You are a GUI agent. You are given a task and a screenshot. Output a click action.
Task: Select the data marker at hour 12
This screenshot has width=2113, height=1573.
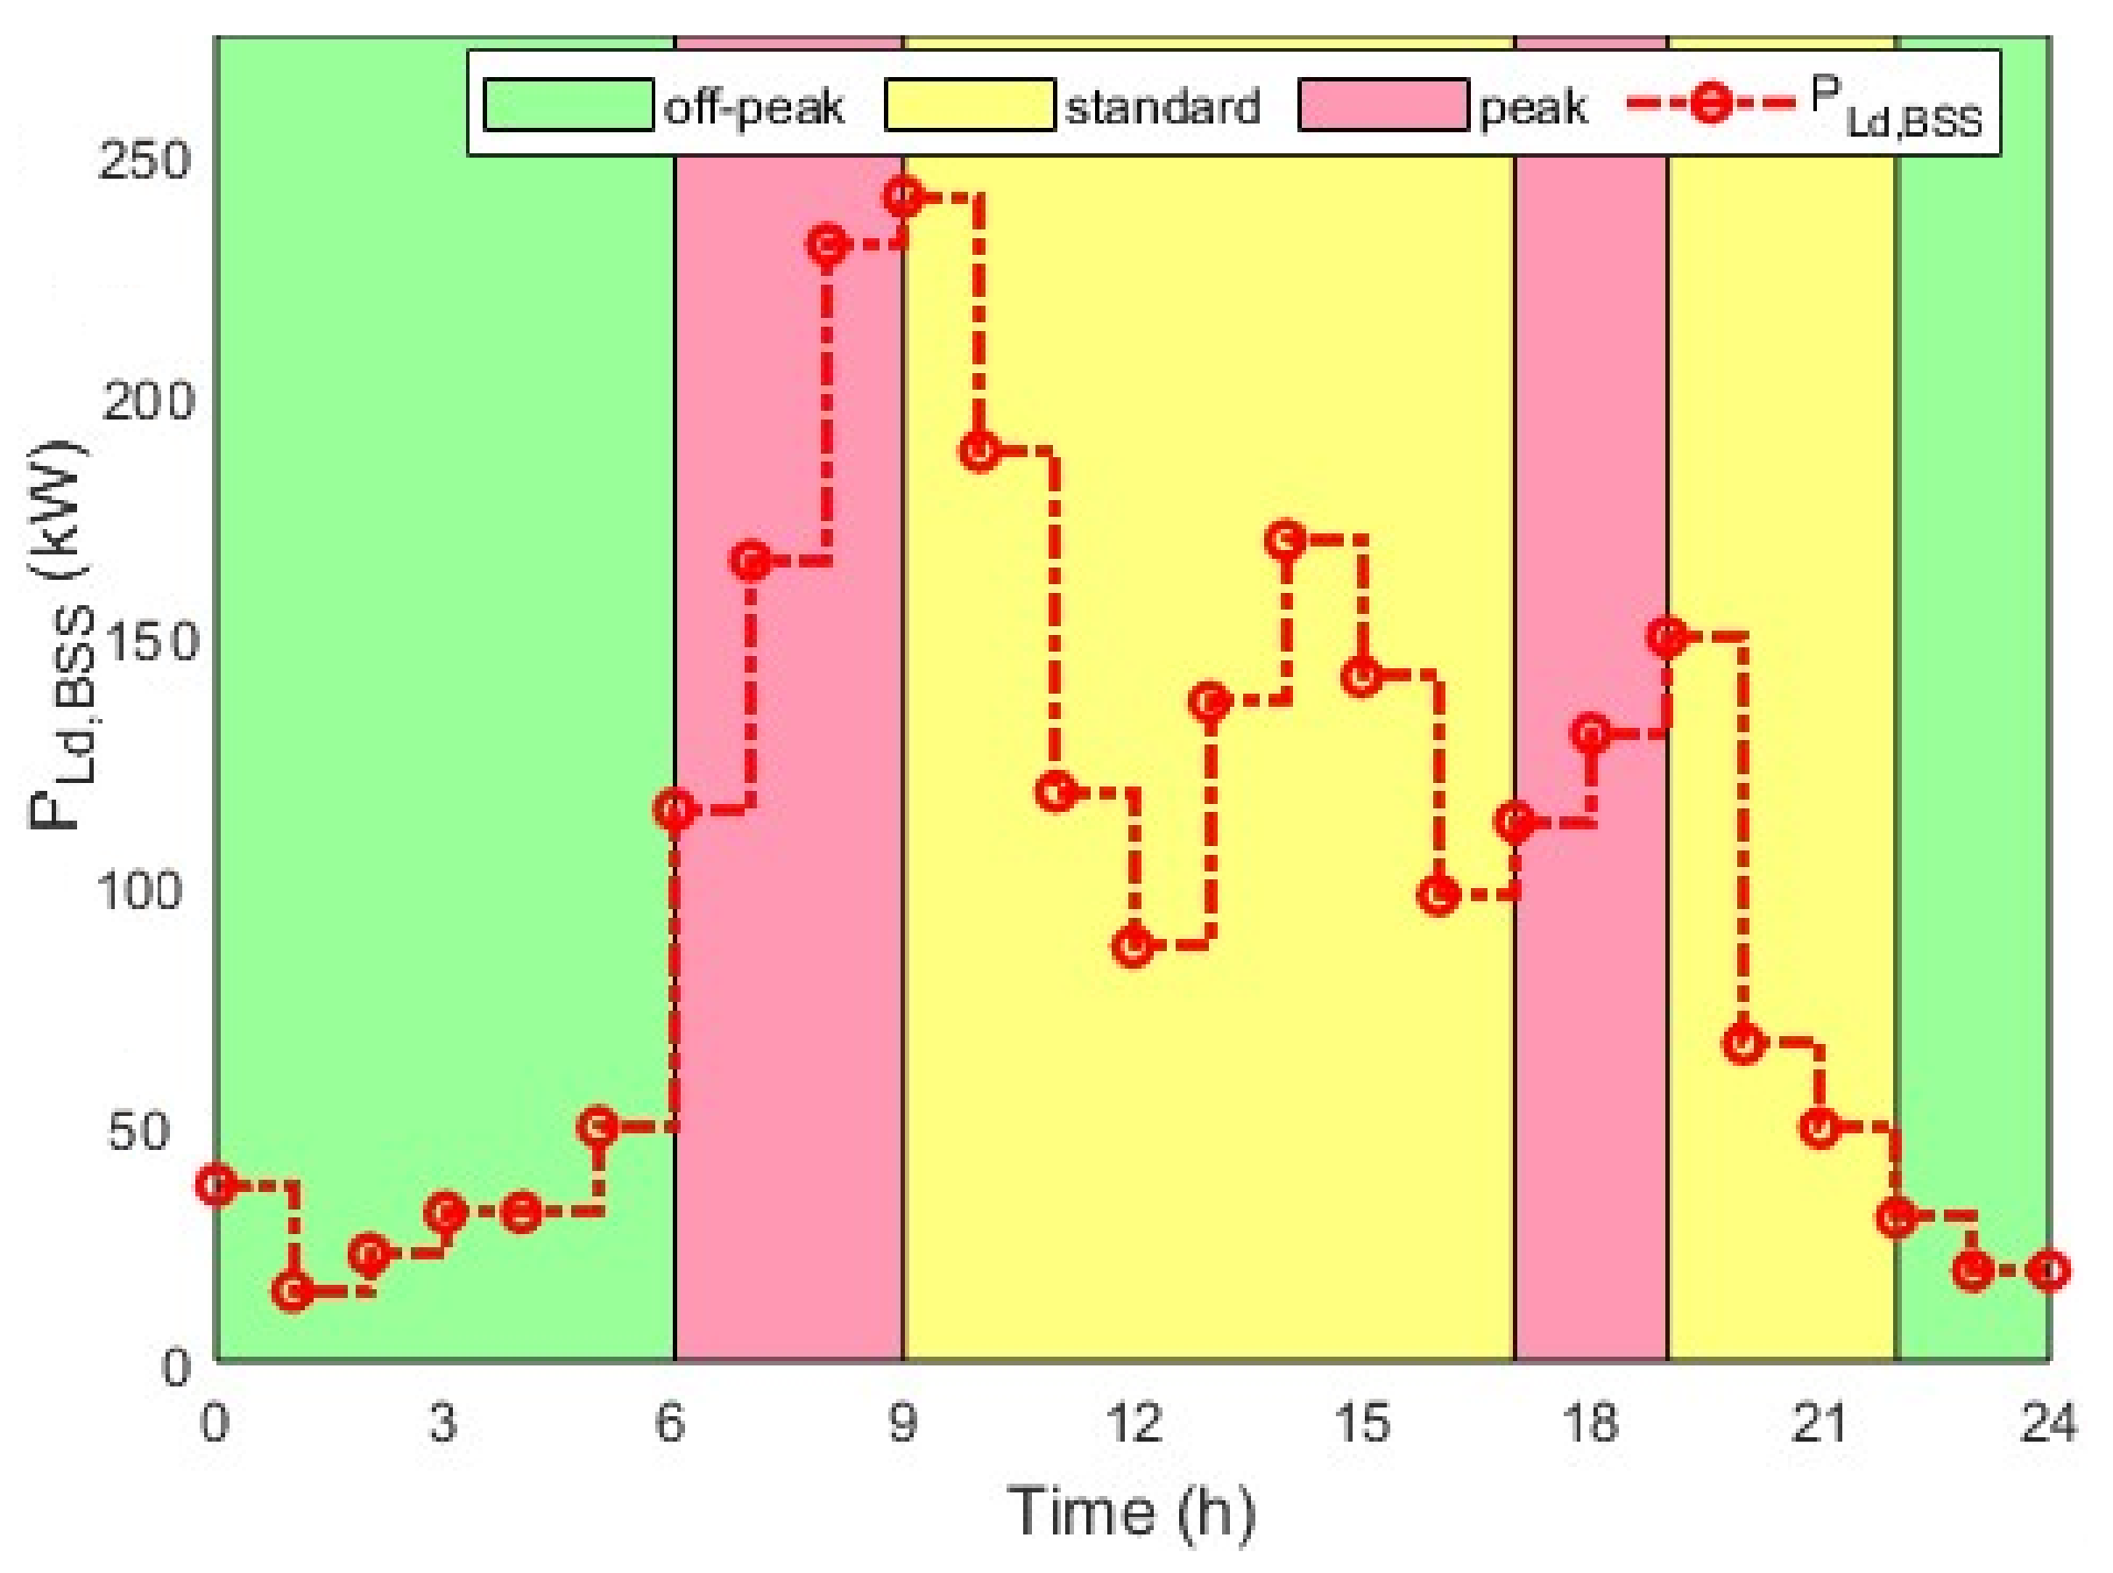[x=1132, y=946]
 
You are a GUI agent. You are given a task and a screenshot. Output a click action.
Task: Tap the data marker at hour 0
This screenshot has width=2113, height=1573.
[x=217, y=1184]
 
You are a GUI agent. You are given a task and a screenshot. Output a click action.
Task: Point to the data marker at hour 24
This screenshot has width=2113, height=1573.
[x=2049, y=1270]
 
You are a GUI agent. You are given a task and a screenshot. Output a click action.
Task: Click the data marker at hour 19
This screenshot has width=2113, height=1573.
[x=1667, y=636]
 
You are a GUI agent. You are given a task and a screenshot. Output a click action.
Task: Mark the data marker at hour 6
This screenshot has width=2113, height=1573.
[x=675, y=811]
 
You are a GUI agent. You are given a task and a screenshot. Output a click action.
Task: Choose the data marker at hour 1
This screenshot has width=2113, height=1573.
[x=293, y=1291]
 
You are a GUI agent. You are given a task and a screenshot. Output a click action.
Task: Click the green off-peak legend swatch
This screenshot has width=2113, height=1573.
[x=569, y=105]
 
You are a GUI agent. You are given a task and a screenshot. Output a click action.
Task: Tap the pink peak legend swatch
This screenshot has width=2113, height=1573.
[x=1382, y=105]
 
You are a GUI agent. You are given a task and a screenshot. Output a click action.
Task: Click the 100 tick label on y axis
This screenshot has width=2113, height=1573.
[x=140, y=892]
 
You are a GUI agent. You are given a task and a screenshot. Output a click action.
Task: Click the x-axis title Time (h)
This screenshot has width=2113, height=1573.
[x=1131, y=1511]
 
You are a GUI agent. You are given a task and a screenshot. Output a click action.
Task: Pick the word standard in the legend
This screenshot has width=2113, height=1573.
[x=1163, y=107]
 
